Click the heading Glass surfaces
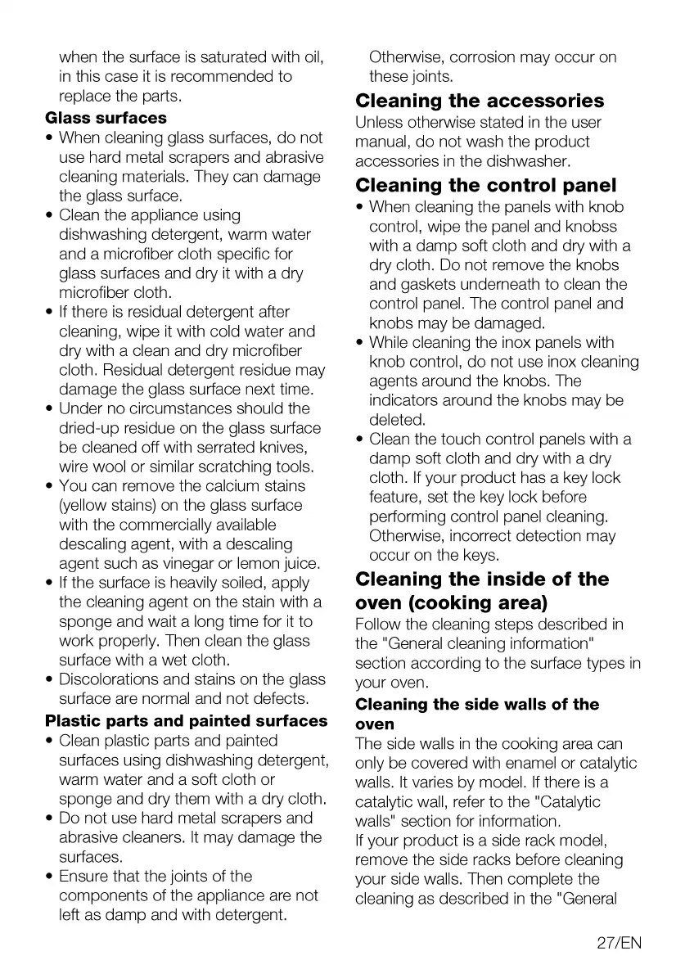pos(106,118)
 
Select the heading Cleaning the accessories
pos(480,101)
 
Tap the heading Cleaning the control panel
pos(486,186)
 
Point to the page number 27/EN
pos(620,943)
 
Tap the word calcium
pos(232,486)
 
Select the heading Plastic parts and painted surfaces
pos(187,721)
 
